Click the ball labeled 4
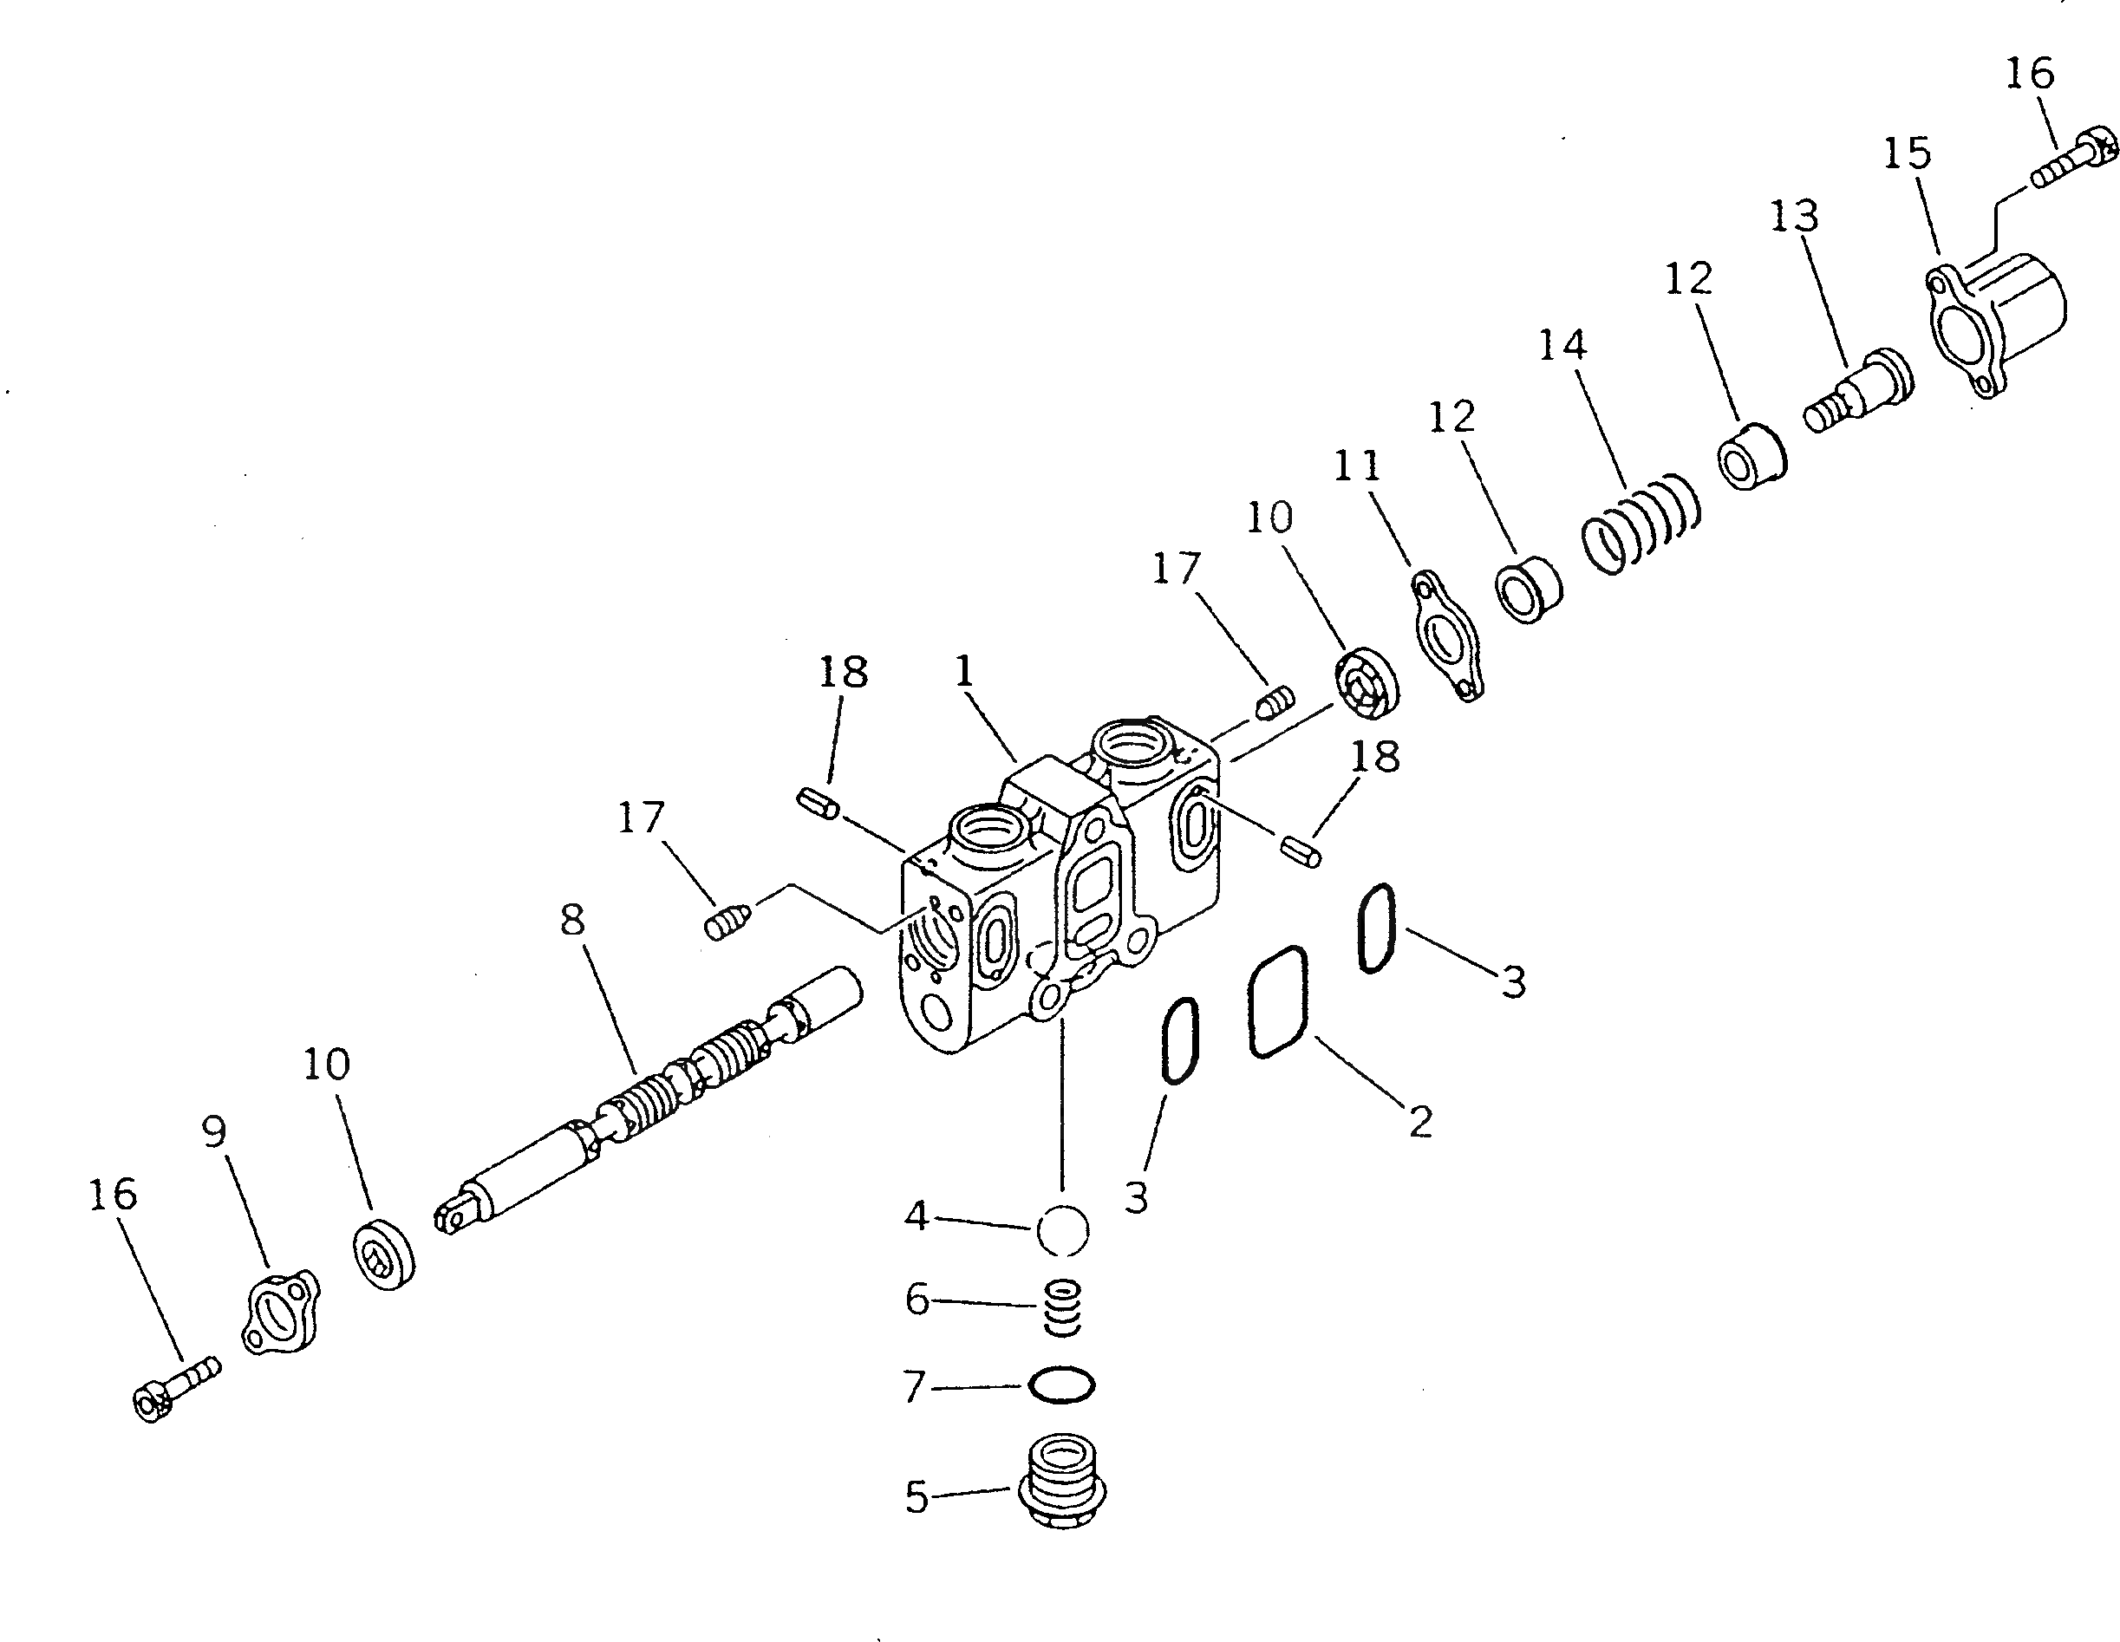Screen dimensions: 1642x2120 click(x=1062, y=1230)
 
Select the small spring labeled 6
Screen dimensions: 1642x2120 click(x=1062, y=1307)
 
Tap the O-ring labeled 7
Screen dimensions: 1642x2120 click(x=1062, y=1384)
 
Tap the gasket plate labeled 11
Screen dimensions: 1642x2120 click(x=1446, y=635)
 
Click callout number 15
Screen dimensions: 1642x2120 click(x=1908, y=153)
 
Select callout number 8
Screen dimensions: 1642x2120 click(x=573, y=918)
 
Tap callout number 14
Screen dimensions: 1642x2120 click(x=1562, y=344)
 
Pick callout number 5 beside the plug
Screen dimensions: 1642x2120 click(x=917, y=1497)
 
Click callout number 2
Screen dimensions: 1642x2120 click(x=1420, y=1123)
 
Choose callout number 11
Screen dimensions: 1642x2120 click(x=1357, y=466)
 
